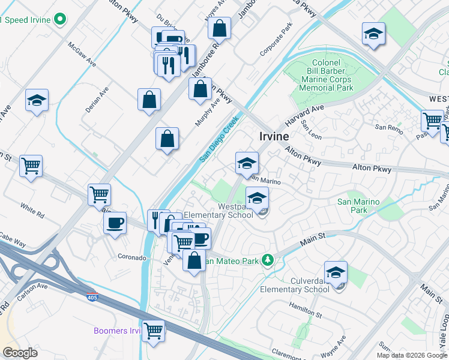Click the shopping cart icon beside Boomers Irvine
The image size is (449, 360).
[x=154, y=330]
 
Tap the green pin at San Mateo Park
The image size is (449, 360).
[x=271, y=261]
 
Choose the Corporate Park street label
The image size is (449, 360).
[x=275, y=41]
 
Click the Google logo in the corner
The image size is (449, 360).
[x=20, y=353]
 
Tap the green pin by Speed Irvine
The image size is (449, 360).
[x=59, y=20]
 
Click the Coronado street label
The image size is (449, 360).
[x=131, y=257]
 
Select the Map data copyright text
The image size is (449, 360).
[x=412, y=355]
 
